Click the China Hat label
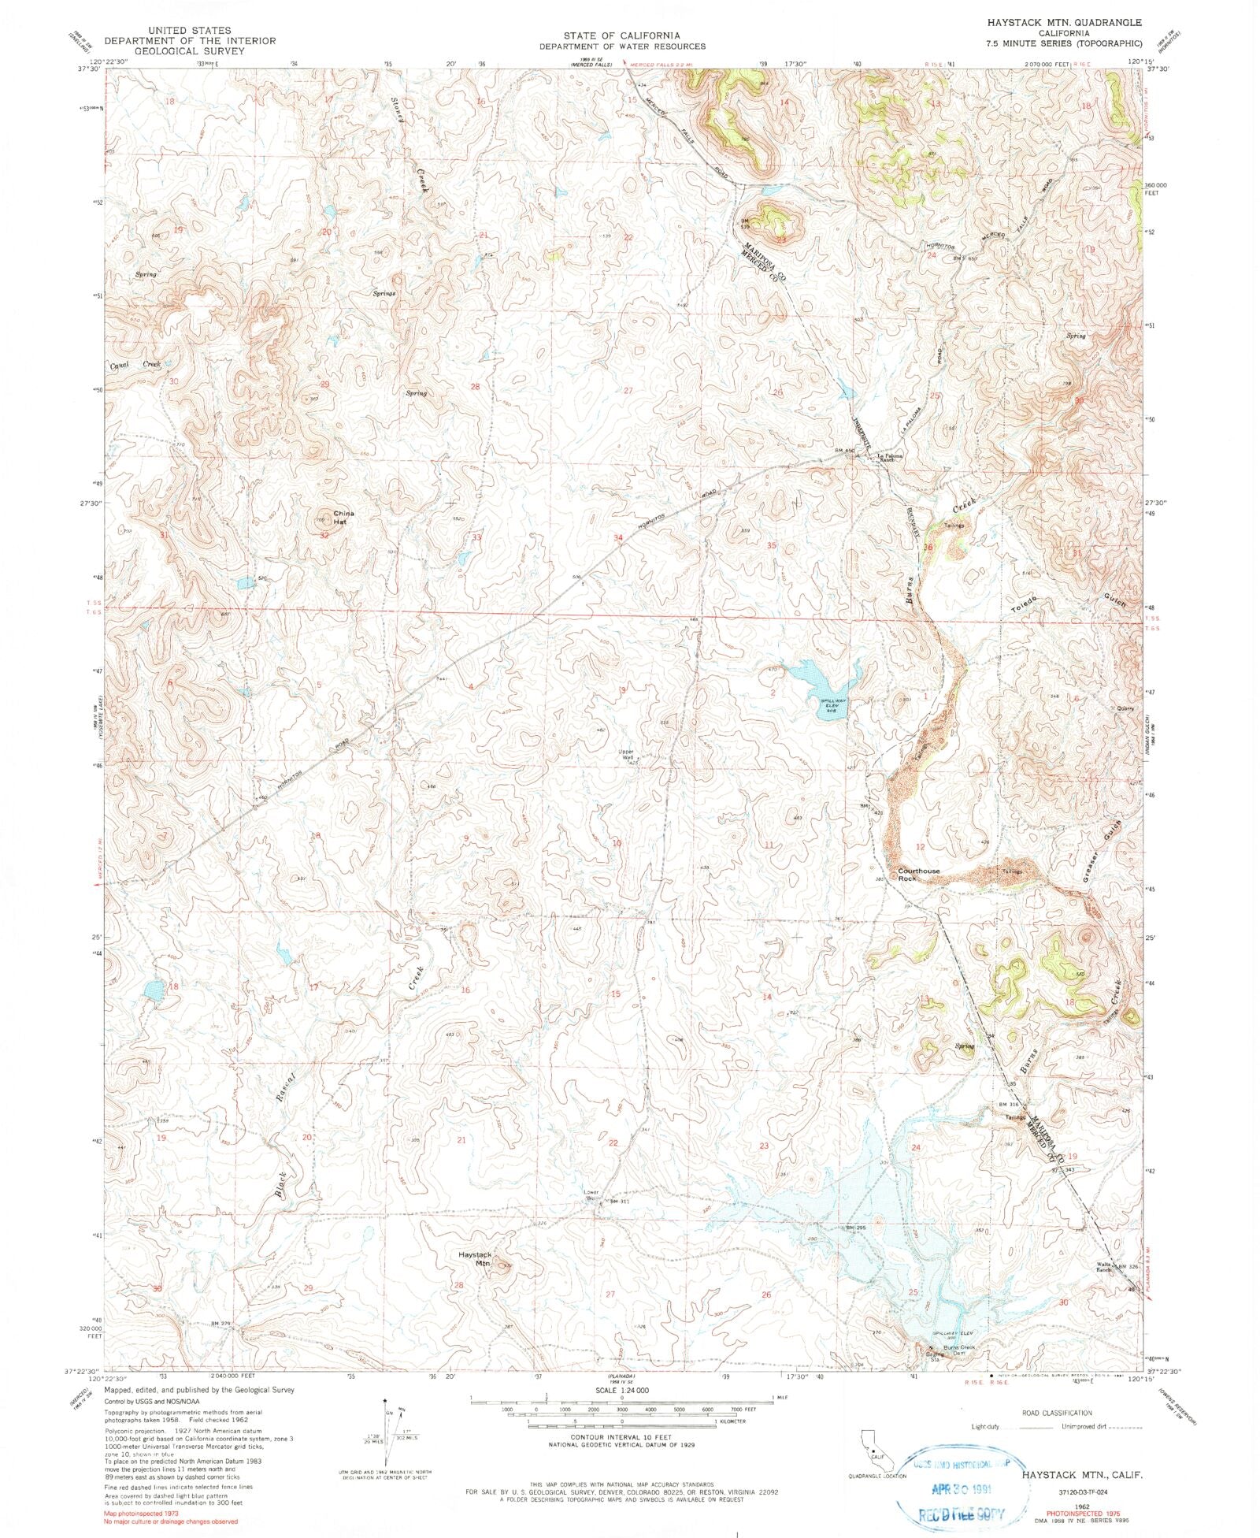(x=343, y=517)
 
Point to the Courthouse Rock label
(x=918, y=874)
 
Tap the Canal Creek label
(x=135, y=365)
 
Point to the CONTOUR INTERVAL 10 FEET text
(x=622, y=1438)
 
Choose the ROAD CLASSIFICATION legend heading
(x=1055, y=1413)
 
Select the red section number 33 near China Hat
(x=476, y=537)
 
